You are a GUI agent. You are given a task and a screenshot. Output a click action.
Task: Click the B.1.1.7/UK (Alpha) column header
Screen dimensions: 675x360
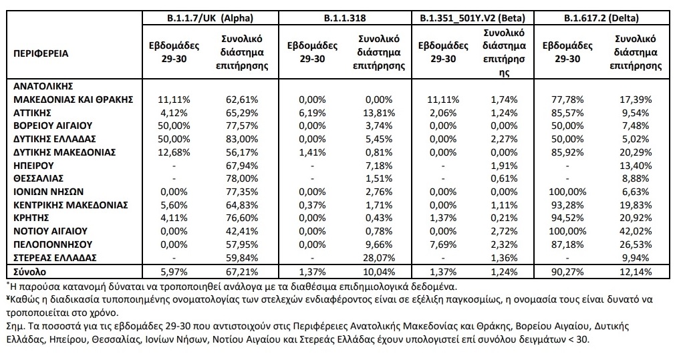pyautogui.click(x=210, y=18)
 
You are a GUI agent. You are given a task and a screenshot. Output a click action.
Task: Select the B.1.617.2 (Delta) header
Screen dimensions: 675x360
pyautogui.click(x=601, y=18)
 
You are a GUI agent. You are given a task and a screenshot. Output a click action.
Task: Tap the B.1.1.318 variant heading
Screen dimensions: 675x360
pyautogui.click(x=345, y=18)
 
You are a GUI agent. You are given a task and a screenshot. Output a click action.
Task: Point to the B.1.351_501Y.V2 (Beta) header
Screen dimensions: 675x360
pyautogui.click(x=472, y=18)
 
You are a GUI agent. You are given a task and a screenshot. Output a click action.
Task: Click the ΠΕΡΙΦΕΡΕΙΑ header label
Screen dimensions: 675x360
pyautogui.click(x=41, y=53)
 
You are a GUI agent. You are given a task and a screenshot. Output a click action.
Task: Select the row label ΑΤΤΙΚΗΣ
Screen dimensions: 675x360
pyautogui.click(x=32, y=113)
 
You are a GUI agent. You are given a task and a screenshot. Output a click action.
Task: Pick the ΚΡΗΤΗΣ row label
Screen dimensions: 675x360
pyautogui.click(x=31, y=218)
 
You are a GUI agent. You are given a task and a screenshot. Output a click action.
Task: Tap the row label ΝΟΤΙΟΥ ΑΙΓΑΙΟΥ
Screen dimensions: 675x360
pyautogui.click(x=50, y=231)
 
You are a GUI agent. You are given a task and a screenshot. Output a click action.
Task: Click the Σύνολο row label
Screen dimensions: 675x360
pyautogui.click(x=29, y=272)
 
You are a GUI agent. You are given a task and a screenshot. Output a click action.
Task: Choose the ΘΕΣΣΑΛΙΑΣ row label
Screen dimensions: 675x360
pyautogui.click(x=38, y=178)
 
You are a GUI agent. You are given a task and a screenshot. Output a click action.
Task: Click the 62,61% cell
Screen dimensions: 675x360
pyautogui.click(x=242, y=100)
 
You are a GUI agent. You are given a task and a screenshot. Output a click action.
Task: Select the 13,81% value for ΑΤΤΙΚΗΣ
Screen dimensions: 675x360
pyautogui.click(x=379, y=113)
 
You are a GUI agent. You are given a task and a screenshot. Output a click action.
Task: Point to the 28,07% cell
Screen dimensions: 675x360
pyautogui.click(x=379, y=258)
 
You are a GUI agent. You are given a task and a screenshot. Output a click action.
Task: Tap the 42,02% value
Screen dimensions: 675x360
pyautogui.click(x=636, y=231)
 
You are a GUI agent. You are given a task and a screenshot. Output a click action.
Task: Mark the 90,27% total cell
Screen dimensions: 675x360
pyautogui.click(x=567, y=272)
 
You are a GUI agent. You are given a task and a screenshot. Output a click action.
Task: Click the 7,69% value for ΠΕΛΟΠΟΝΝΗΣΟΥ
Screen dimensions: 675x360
pyautogui.click(x=443, y=244)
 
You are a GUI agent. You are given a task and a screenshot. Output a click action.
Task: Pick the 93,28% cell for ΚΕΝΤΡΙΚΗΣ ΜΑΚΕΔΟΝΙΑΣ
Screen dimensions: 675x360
pyautogui.click(x=567, y=205)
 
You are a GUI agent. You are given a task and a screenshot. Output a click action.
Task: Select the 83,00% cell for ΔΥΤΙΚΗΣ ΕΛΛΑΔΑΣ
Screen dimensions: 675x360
pyautogui.click(x=242, y=140)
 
